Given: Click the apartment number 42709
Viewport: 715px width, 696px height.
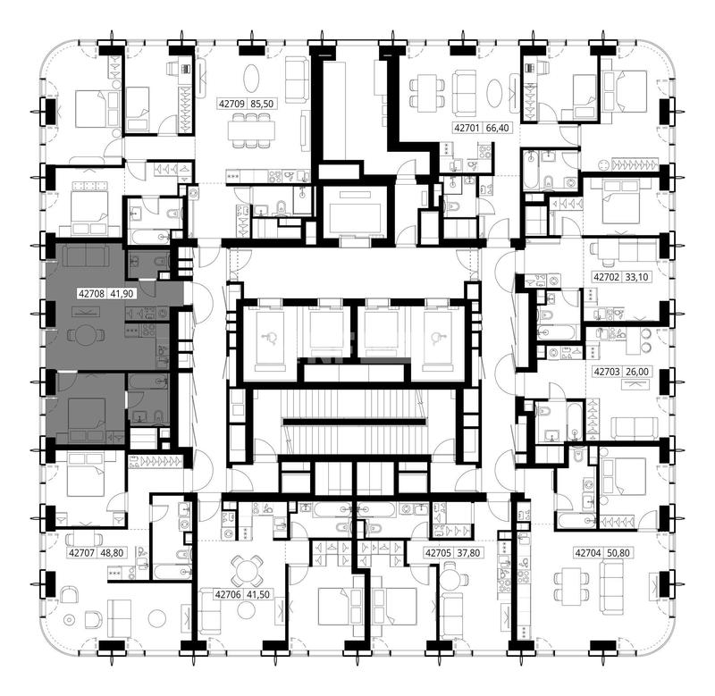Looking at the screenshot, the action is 231,104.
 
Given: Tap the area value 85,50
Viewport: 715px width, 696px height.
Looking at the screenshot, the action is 262,104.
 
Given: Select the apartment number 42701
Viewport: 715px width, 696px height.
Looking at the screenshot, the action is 467,128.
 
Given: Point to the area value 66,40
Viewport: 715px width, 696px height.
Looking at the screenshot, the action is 497,128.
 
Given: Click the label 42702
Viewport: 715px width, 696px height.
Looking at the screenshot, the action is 607,277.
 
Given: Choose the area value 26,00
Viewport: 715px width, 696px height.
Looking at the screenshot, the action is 637,372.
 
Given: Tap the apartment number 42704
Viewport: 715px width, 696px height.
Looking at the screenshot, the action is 588,553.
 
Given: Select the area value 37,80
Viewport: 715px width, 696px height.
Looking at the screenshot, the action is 468,553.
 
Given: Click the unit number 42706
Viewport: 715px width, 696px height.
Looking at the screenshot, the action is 228,594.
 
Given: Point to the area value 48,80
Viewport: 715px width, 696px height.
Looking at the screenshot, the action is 112,553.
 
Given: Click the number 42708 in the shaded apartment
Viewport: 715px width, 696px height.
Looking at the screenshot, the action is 92,294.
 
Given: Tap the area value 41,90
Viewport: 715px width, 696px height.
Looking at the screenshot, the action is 122,294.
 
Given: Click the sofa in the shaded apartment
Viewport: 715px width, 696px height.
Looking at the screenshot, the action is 86,256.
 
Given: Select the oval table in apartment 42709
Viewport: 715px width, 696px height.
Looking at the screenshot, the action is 252,78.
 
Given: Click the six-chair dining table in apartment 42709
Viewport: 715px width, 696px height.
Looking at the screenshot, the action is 252,130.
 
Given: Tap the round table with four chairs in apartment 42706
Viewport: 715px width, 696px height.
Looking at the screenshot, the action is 247,571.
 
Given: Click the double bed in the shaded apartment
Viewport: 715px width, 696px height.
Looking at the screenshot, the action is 87,414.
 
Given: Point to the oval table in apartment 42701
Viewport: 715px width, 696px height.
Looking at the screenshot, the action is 495,94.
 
